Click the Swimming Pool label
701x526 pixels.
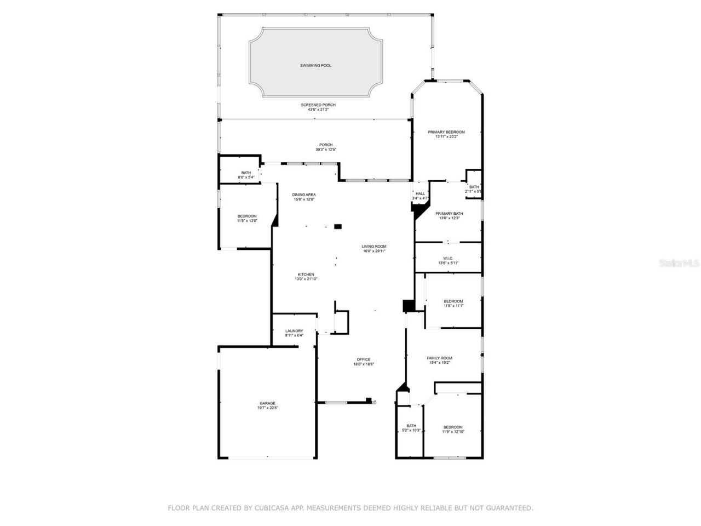click(315, 66)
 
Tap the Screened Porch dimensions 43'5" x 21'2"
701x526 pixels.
click(318, 110)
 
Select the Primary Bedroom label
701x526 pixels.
click(446, 132)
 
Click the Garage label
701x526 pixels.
click(267, 403)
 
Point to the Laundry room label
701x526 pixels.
click(294, 331)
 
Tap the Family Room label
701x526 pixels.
click(439, 358)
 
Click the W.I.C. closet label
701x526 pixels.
click(448, 258)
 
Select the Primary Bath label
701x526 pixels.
click(449, 213)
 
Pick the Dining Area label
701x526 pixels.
click(303, 195)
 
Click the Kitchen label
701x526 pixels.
click(306, 275)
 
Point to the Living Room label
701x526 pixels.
click(374, 247)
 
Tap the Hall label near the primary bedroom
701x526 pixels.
click(420, 193)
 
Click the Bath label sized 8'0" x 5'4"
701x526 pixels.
click(246, 173)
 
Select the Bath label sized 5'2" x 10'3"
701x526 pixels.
click(411, 426)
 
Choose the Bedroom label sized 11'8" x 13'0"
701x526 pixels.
click(246, 216)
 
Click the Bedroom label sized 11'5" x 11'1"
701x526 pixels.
click(453, 301)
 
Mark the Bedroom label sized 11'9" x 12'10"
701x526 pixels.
click(453, 427)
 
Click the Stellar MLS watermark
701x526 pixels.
click(679, 263)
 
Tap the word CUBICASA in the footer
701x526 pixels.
click(272, 508)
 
